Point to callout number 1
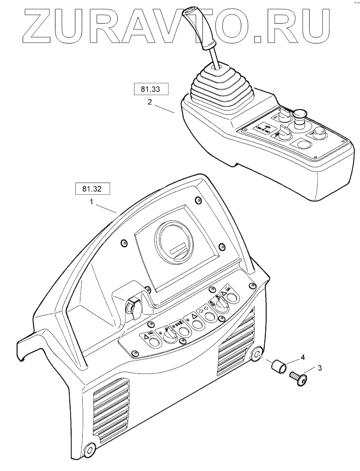[x=92, y=202]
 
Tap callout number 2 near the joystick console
[x=150, y=103]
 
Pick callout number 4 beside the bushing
[x=302, y=357]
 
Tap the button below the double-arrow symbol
[x=210, y=317]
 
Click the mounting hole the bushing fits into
[x=256, y=355]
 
